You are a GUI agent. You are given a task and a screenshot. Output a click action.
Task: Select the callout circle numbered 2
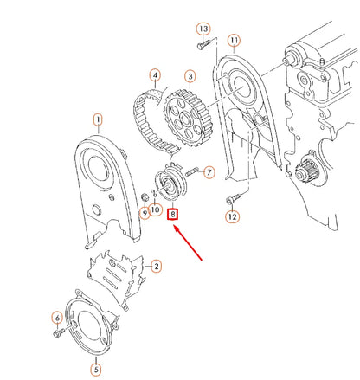point(156,266)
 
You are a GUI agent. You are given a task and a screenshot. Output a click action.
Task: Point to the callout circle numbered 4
point(155,75)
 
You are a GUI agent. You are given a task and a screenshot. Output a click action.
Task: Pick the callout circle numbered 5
point(96,369)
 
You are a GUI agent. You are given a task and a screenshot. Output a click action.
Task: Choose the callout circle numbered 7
point(209,173)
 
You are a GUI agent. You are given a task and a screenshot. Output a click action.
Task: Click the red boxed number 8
point(173,213)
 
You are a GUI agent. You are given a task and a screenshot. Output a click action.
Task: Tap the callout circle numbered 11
point(234,41)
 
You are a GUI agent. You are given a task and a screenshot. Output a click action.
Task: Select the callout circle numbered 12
point(231,216)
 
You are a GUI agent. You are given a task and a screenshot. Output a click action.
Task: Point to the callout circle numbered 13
point(203,29)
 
